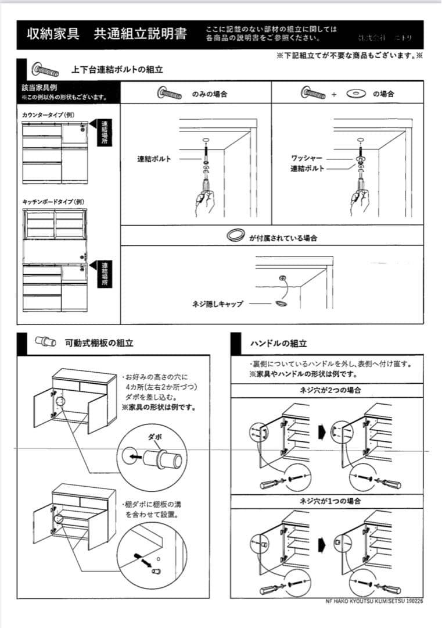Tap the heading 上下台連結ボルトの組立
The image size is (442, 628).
click(x=117, y=69)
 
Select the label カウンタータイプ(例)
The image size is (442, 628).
click(x=48, y=115)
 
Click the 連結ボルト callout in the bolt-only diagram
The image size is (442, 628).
click(x=154, y=159)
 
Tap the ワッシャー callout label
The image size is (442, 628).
click(x=307, y=158)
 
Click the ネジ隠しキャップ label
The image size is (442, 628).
click(x=218, y=304)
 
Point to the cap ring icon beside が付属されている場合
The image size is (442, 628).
click(x=235, y=235)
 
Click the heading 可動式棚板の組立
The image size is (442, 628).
click(x=99, y=343)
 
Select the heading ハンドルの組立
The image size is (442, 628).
click(x=278, y=344)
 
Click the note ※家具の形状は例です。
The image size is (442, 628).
click(x=159, y=407)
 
